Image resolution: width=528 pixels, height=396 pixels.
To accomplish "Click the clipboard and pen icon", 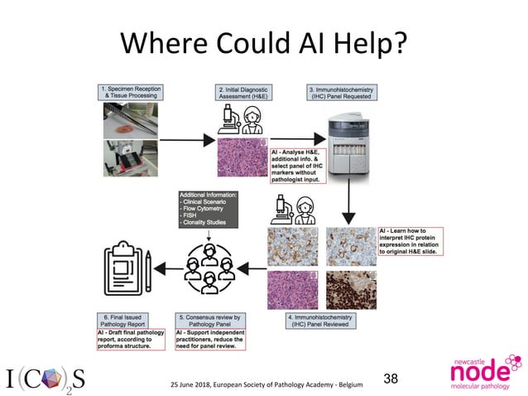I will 129,269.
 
